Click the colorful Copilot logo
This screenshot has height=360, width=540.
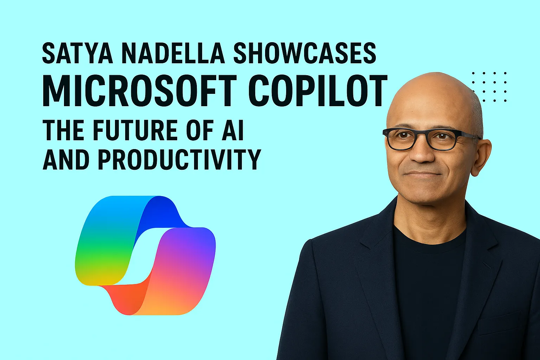coord(145,255)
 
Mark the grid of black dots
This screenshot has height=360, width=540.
coord(489,87)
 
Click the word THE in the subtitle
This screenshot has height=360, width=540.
coord(63,130)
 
